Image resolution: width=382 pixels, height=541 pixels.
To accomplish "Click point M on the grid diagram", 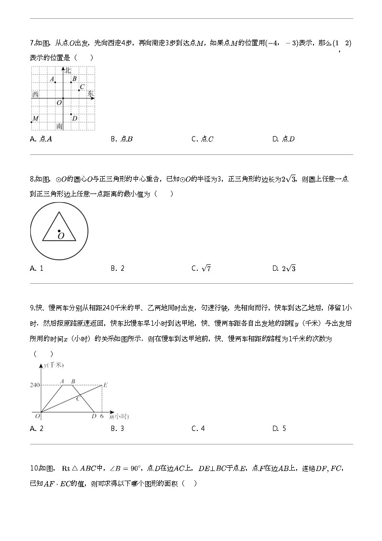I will pyautogui.click(x=32, y=122).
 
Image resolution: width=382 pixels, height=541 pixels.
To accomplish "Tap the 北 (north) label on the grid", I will pyautogui.click(x=68, y=70).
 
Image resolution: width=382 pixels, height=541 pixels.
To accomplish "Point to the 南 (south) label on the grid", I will pyautogui.click(x=59, y=126).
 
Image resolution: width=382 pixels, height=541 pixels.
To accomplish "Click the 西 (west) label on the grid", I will pyautogui.click(x=35, y=95).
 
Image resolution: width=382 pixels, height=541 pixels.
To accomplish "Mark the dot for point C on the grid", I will pyautogui.click(x=79, y=90).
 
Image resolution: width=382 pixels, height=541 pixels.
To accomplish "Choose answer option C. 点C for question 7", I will pyautogui.click(x=203, y=139).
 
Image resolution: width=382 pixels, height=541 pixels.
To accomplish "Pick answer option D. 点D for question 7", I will pyautogui.click(x=284, y=139).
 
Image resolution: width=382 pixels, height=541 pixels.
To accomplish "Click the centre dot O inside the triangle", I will pyautogui.click(x=59, y=231).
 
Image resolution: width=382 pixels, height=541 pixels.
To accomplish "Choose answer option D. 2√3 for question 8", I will pyautogui.click(x=284, y=268).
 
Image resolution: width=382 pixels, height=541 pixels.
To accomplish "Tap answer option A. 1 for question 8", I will pyautogui.click(x=37, y=268).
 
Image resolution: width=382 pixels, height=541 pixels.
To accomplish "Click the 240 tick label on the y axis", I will pyautogui.click(x=34, y=385).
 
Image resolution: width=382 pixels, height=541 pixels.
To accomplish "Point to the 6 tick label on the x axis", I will pyautogui.click(x=102, y=416).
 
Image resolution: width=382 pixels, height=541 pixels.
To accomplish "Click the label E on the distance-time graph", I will pyautogui.click(x=105, y=385).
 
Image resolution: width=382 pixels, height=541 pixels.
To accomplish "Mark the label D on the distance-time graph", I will pyautogui.click(x=94, y=416).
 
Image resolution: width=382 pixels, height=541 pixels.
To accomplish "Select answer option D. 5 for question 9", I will pyautogui.click(x=279, y=429).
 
